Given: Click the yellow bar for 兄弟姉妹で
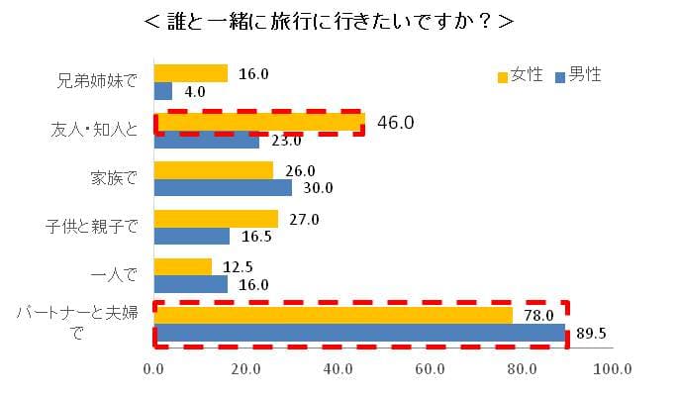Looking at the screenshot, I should [x=191, y=73].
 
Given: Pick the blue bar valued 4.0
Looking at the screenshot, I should [x=163, y=91].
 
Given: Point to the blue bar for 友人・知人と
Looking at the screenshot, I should [x=207, y=140].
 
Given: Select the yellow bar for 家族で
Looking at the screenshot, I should [x=214, y=170].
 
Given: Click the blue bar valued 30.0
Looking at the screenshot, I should [x=223, y=188].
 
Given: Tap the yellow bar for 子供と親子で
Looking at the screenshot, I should [x=216, y=219].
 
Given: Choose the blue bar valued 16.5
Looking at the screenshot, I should [x=192, y=237].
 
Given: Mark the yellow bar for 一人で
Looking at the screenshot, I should [x=183, y=266].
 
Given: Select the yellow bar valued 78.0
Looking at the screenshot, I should [x=334, y=315].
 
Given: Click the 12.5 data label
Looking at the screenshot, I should [x=234, y=267].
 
